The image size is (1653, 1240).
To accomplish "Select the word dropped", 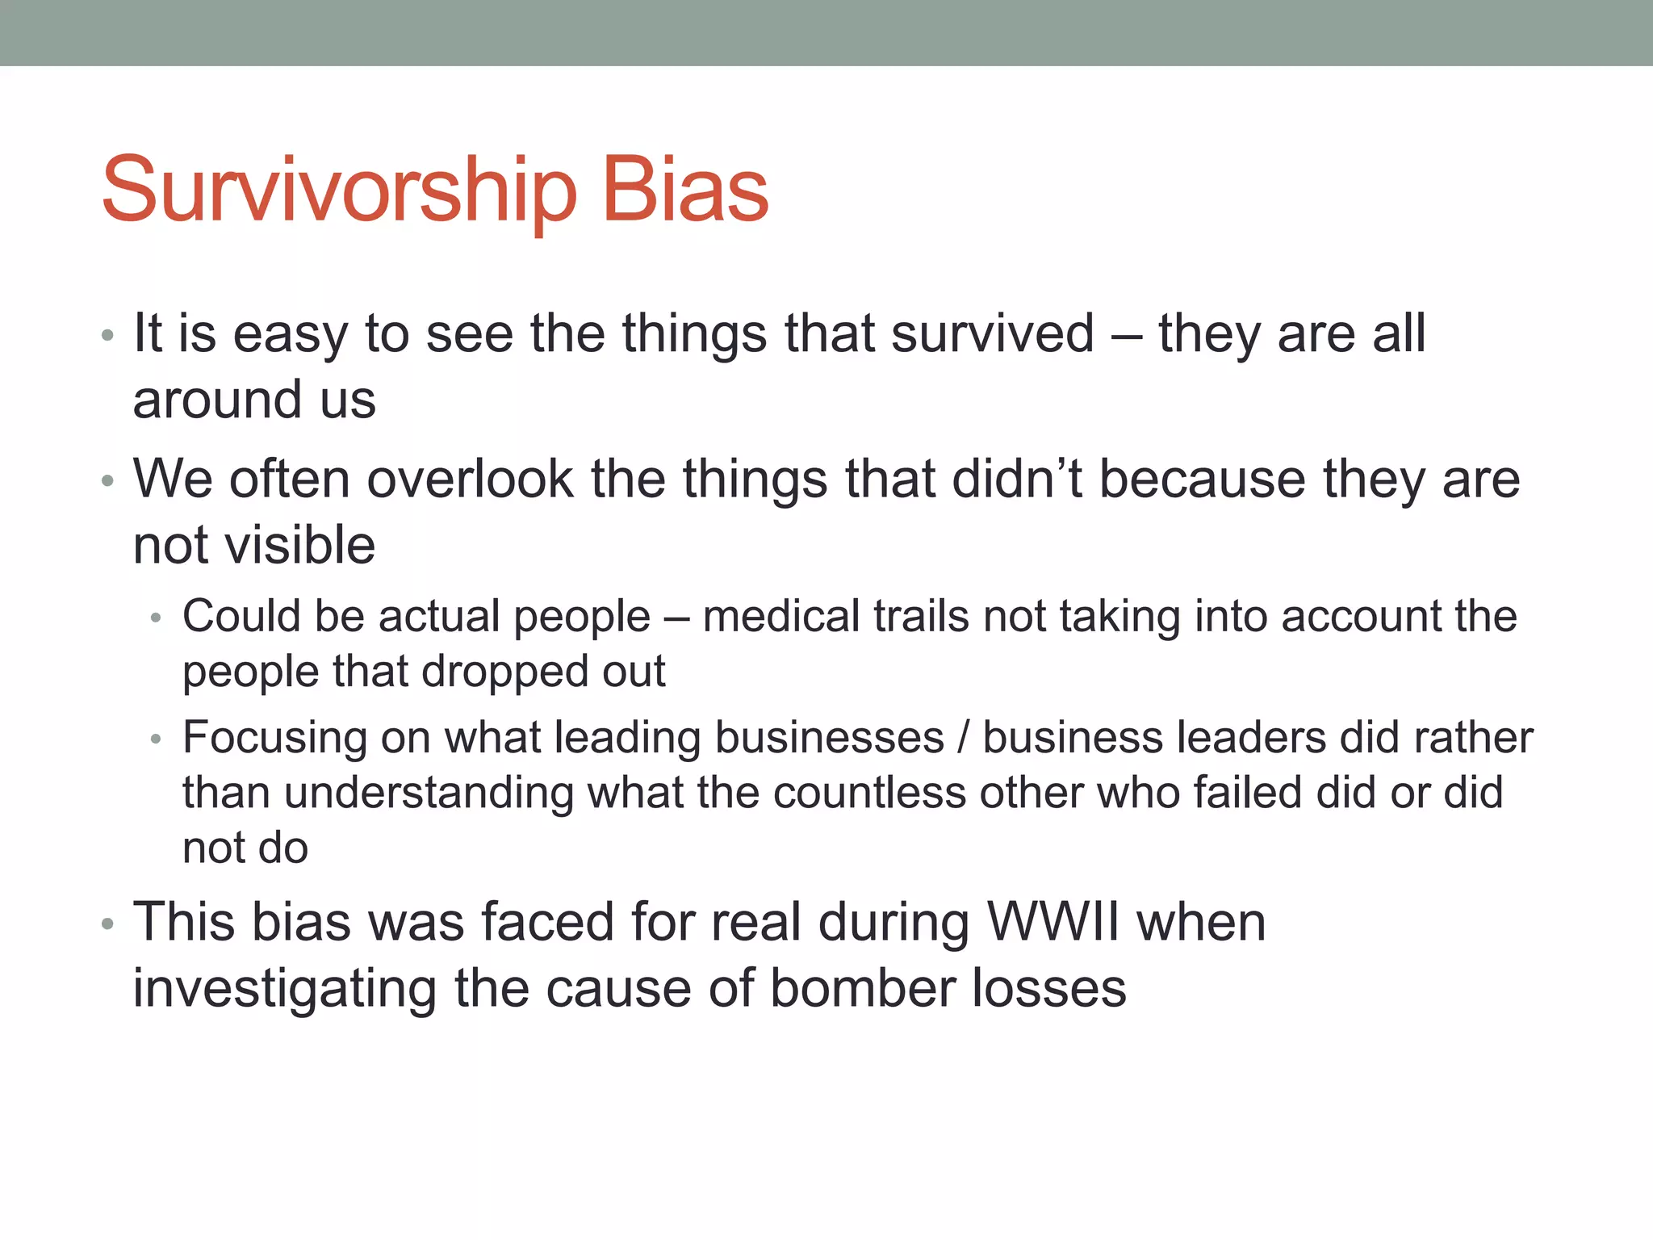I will (x=501, y=672).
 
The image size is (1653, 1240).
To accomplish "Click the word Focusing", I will (x=274, y=738).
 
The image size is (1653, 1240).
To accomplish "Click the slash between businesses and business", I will (x=962, y=738).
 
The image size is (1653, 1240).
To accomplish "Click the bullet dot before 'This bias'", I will (x=107, y=924).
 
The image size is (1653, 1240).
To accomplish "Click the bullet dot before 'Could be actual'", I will (x=156, y=619).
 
